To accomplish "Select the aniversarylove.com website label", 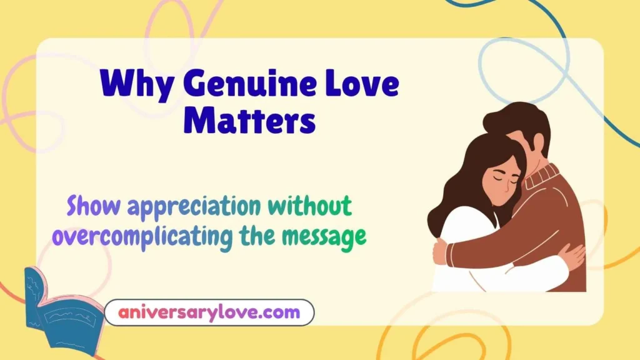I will point(209,312).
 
